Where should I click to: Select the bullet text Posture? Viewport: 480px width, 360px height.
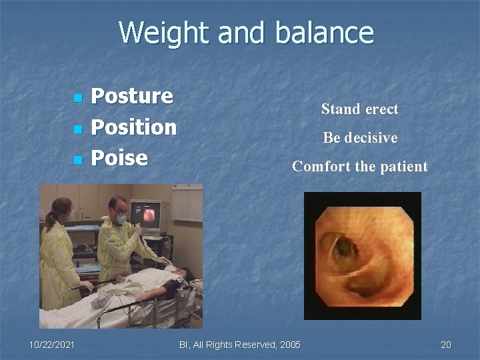click(x=131, y=96)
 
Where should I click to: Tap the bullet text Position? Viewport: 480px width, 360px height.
click(x=133, y=127)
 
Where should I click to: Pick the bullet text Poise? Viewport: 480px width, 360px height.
click(x=119, y=157)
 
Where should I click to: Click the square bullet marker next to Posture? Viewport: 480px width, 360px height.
click(x=77, y=98)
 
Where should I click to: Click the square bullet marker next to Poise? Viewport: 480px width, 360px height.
click(x=77, y=160)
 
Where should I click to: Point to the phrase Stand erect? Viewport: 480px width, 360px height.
click(x=359, y=109)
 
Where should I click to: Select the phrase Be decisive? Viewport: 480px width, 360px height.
click(x=360, y=138)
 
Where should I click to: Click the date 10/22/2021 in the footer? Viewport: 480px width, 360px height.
click(x=52, y=344)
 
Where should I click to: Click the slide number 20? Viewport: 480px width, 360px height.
click(x=445, y=344)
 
